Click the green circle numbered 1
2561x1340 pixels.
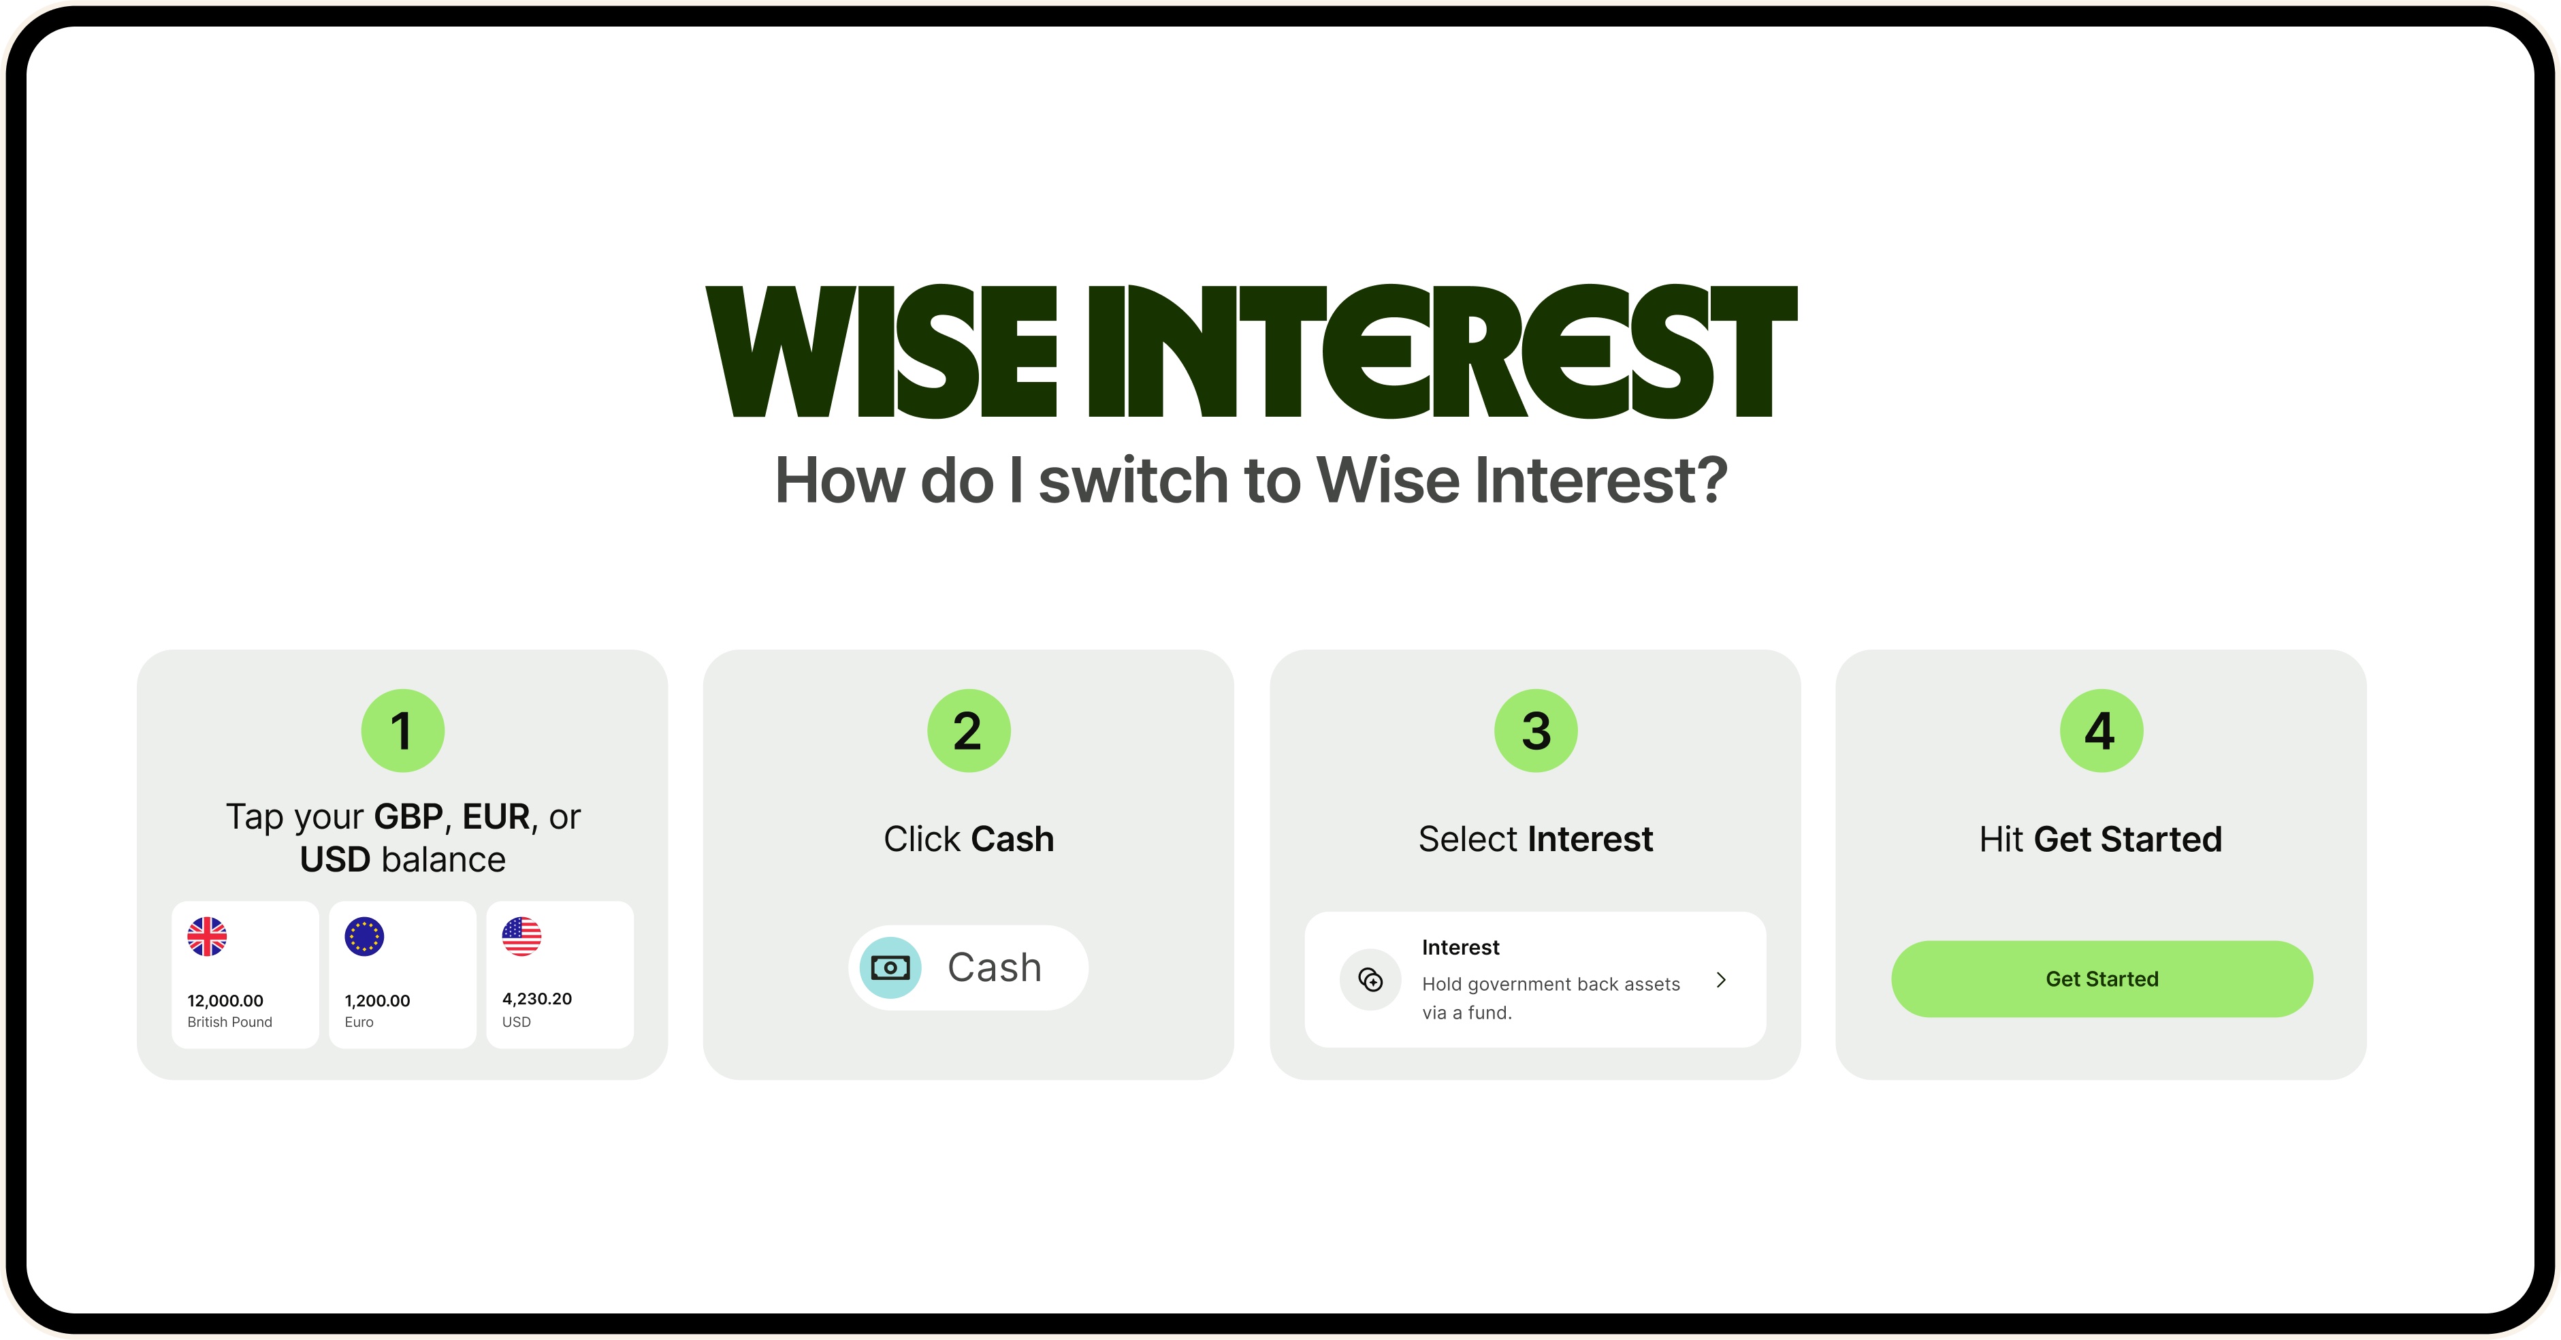(402, 731)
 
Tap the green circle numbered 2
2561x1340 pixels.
(969, 731)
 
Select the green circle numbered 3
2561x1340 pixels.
(1536, 731)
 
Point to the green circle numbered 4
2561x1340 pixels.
(2101, 731)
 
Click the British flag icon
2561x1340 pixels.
(207, 936)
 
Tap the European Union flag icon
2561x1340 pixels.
(364, 936)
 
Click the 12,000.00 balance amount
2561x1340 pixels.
(226, 1001)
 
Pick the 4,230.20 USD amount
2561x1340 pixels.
(537, 999)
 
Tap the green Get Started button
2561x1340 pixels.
(2101, 979)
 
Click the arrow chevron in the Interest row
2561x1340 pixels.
(1721, 980)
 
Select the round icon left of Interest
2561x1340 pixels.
(1371, 980)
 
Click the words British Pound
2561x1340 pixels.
(229, 1022)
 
